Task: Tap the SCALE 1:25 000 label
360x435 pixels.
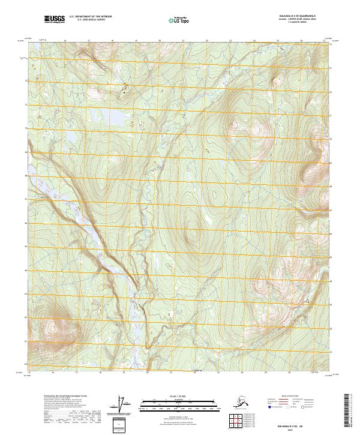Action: pos(163,397)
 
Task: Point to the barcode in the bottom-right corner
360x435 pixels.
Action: pos(349,411)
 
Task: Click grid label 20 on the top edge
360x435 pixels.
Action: pos(160,41)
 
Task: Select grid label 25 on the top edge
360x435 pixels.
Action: pos(278,41)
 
